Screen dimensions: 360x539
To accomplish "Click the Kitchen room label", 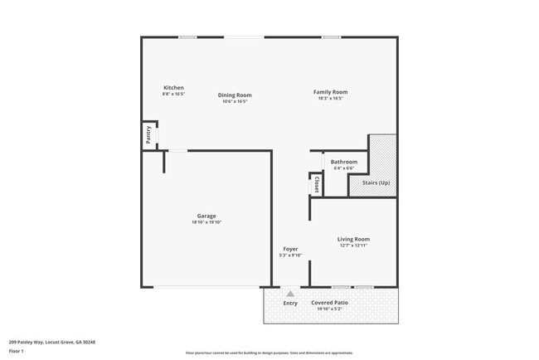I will click(x=173, y=88).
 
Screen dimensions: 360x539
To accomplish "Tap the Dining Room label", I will click(x=235, y=95).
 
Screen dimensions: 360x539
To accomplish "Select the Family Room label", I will click(x=330, y=92).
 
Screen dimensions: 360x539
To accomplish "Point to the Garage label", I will click(x=206, y=216).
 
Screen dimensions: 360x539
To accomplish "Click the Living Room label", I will click(x=353, y=239).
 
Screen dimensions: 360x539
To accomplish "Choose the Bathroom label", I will click(x=343, y=162).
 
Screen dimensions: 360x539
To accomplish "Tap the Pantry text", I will click(x=148, y=135).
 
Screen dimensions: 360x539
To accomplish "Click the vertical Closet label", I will click(x=316, y=184).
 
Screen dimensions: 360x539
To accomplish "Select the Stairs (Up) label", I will click(x=376, y=182).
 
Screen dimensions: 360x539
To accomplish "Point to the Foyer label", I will click(x=290, y=249).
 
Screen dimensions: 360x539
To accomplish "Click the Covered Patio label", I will click(x=329, y=303).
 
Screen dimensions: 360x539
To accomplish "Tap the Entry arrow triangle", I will click(x=290, y=294).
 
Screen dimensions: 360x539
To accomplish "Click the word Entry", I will click(x=290, y=303).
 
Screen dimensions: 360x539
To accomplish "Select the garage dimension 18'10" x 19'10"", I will click(x=206, y=222).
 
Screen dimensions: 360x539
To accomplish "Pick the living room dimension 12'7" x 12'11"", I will click(x=353, y=246).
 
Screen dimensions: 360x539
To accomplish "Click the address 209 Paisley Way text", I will click(x=51, y=342).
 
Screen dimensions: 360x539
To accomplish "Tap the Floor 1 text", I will click(x=17, y=351).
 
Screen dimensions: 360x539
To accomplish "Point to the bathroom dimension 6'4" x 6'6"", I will click(x=343, y=168).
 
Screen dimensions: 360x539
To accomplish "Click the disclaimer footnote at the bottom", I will click(x=269, y=353).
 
